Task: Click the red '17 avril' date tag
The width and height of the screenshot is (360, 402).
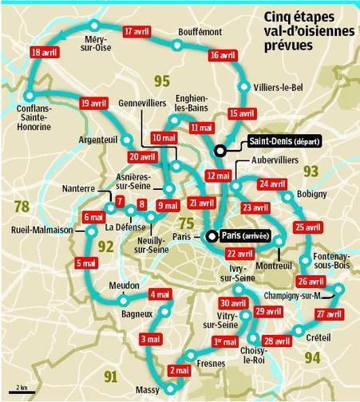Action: click(138, 32)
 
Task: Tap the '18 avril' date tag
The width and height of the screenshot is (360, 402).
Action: click(45, 53)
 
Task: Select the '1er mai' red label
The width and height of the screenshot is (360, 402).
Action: click(225, 341)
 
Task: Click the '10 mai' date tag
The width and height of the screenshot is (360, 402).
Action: click(163, 137)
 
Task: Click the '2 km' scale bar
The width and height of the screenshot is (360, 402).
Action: click(22, 391)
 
